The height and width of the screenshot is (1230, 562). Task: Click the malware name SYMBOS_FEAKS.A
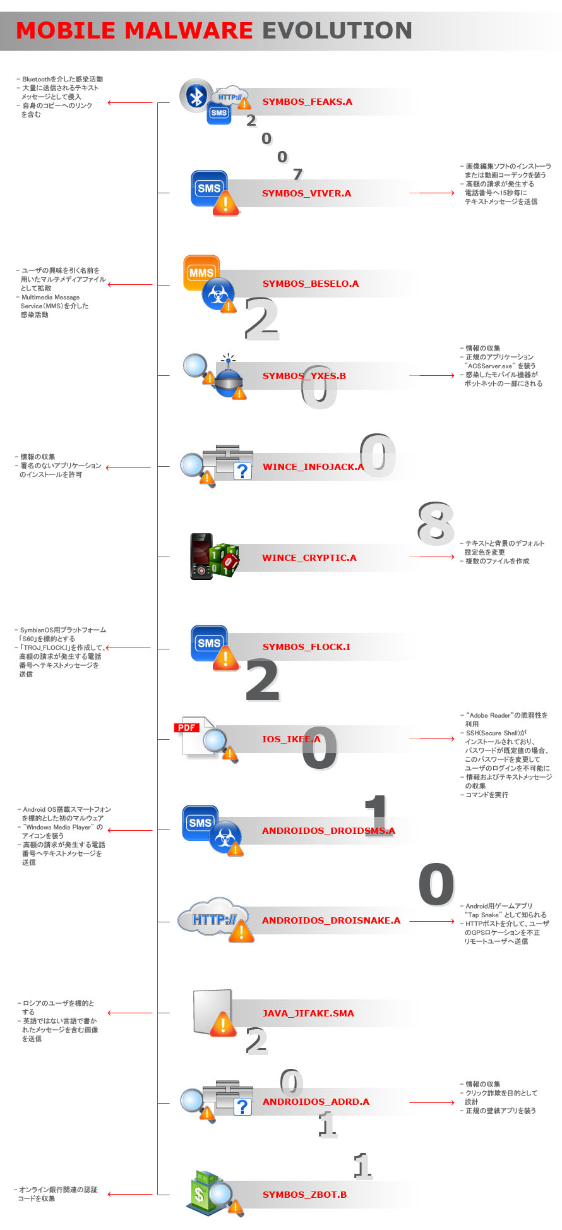coord(308,102)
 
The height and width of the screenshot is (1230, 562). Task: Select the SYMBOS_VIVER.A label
coord(307,193)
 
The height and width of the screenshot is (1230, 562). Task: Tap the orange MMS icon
coord(201,273)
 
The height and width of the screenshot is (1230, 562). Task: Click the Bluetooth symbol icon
coord(196,96)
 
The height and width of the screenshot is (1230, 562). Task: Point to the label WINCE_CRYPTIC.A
coord(309,558)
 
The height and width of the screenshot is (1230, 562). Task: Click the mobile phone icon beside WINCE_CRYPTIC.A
coord(201,557)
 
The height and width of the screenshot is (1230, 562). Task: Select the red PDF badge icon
coord(187,728)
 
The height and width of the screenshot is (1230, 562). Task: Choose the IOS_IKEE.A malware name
coord(291,739)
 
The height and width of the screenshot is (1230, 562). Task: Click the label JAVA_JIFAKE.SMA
coord(308,1013)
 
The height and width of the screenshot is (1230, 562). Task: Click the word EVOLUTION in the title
coord(337,30)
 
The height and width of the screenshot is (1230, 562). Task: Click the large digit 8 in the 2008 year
coord(436,524)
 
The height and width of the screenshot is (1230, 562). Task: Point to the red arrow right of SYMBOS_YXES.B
coord(436,376)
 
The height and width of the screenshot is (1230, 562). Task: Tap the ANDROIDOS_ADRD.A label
coord(316,1102)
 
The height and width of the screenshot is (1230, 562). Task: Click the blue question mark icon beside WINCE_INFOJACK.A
coord(242,471)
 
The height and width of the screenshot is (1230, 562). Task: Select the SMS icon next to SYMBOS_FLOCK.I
coord(209,643)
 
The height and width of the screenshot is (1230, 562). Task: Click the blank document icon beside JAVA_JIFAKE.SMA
coord(212,1011)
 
